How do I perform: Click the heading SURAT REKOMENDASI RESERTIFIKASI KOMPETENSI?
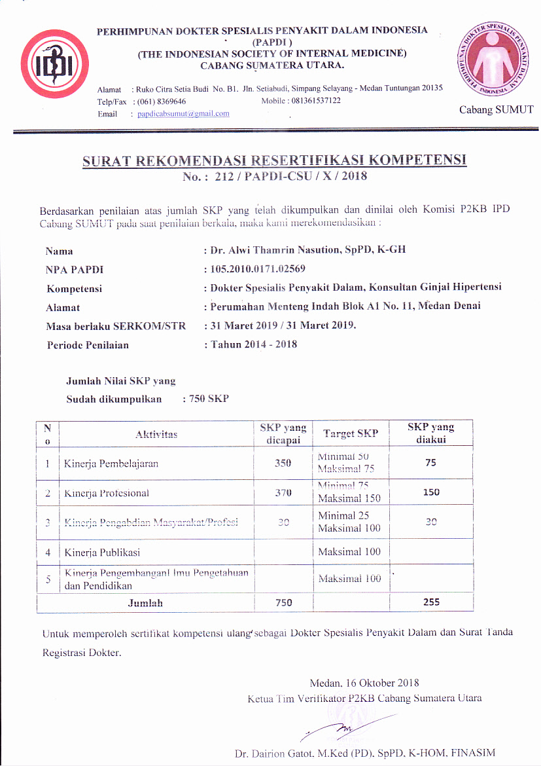click(274, 161)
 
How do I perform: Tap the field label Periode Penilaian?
click(88, 345)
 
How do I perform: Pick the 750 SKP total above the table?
click(208, 399)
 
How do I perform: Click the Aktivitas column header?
click(156, 434)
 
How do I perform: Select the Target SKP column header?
click(350, 433)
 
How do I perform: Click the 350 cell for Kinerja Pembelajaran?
click(283, 464)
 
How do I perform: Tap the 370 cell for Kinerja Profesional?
click(283, 493)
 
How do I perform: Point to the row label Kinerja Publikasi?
click(102, 552)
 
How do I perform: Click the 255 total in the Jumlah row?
click(431, 602)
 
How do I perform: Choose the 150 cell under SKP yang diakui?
click(431, 492)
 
